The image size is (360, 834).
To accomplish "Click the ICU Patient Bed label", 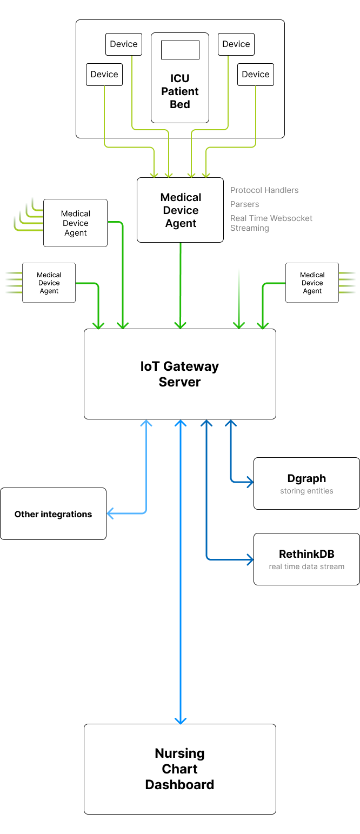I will [180, 91].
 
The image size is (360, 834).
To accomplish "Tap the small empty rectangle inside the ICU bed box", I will [180, 50].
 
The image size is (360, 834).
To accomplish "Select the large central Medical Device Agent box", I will [180, 210].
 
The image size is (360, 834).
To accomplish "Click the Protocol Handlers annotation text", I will [264, 190].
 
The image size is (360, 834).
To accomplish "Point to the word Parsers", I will [245, 204].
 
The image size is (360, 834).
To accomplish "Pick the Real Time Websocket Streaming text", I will [271, 223].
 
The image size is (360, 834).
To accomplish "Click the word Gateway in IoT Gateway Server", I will [191, 366].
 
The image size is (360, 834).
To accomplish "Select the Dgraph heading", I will [306, 478].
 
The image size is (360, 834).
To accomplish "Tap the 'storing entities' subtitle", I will [306, 491].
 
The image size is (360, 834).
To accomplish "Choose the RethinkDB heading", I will [306, 554].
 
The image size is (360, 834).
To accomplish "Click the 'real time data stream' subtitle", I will [306, 567].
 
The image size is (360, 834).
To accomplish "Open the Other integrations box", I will [53, 514].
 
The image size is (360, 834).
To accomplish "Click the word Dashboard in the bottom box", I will [179, 785].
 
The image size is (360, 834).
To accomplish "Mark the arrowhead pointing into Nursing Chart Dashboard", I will [181, 720].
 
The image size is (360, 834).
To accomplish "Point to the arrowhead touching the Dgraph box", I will [250, 482].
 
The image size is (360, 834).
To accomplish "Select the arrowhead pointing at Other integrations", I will [110, 514].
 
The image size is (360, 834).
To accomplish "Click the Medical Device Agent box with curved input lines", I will [75, 223].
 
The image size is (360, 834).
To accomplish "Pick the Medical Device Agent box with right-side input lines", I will [312, 283].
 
